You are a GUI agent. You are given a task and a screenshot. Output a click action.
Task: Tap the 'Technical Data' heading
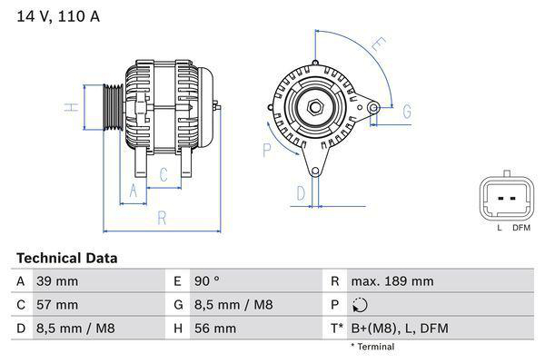coord(66,258)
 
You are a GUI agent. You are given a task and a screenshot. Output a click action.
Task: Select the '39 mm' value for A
coord(56,281)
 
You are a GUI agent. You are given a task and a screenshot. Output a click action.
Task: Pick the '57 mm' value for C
coord(56,305)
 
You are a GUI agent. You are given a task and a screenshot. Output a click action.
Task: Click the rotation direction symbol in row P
coord(359,305)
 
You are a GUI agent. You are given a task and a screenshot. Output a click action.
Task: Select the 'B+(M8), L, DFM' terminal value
coord(399,328)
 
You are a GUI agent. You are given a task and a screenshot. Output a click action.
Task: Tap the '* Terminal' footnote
coord(372,347)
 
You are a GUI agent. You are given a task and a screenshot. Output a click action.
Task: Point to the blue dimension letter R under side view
coord(162,218)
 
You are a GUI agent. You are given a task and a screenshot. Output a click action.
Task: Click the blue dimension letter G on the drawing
coord(408,111)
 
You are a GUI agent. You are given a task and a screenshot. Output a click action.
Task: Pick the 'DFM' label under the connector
coord(520,227)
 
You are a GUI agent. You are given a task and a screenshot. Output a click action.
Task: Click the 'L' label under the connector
coord(499,227)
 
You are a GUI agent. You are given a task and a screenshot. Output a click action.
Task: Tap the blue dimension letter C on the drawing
coord(163,174)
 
